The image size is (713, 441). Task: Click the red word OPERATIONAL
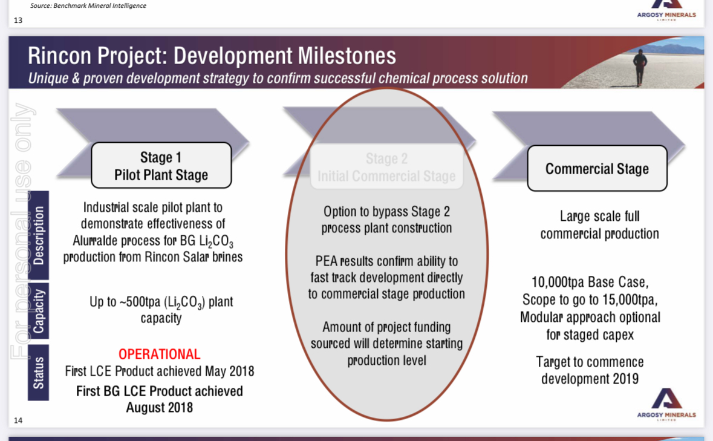tap(159, 354)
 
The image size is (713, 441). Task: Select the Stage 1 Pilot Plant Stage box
tap(161, 166)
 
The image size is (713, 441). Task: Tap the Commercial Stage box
tap(597, 169)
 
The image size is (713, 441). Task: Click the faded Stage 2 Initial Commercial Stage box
tap(386, 167)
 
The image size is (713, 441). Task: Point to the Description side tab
tap(39, 235)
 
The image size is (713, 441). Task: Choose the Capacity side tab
tap(39, 311)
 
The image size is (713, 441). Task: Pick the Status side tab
tap(39, 373)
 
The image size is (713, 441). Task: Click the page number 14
tap(18, 420)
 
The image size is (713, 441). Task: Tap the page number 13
tap(18, 20)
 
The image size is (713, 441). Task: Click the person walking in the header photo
tap(640, 67)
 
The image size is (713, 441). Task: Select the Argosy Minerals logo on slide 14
tap(666, 403)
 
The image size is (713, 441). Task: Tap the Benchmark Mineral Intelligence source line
tap(88, 5)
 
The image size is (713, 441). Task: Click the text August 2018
tap(159, 407)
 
